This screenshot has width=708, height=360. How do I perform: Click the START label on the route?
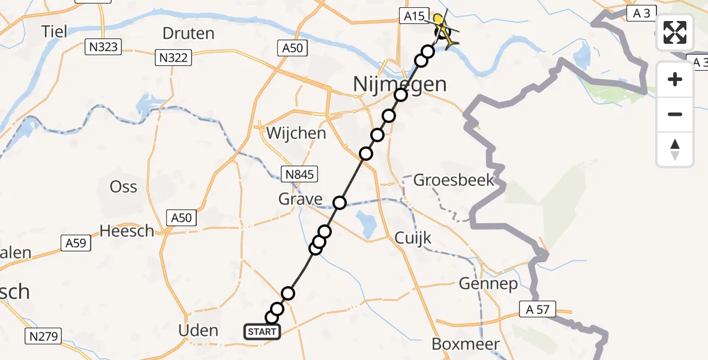pyautogui.click(x=262, y=332)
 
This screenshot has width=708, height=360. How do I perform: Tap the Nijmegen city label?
pyautogui.click(x=400, y=84)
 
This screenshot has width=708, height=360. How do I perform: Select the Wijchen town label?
pyautogui.click(x=296, y=133)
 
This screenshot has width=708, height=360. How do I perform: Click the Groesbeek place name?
pyautogui.click(x=454, y=179)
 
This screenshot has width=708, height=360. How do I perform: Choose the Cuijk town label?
pyautogui.click(x=413, y=238)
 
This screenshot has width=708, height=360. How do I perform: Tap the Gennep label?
pyautogui.click(x=488, y=284)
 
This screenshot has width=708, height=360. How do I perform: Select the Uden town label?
pyautogui.click(x=199, y=330)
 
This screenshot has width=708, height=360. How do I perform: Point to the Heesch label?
pyautogui.click(x=127, y=230)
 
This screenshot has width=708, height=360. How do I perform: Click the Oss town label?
pyautogui.click(x=123, y=187)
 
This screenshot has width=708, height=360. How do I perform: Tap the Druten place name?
pyautogui.click(x=188, y=33)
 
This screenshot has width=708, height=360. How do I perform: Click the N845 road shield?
pyautogui.click(x=300, y=175)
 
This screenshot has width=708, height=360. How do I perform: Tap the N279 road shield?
pyautogui.click(x=44, y=337)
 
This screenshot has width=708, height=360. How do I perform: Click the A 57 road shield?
pyautogui.click(x=538, y=310)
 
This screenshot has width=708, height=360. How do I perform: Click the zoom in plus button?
pyautogui.click(x=675, y=79)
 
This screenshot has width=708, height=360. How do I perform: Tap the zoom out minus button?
pyautogui.click(x=675, y=114)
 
